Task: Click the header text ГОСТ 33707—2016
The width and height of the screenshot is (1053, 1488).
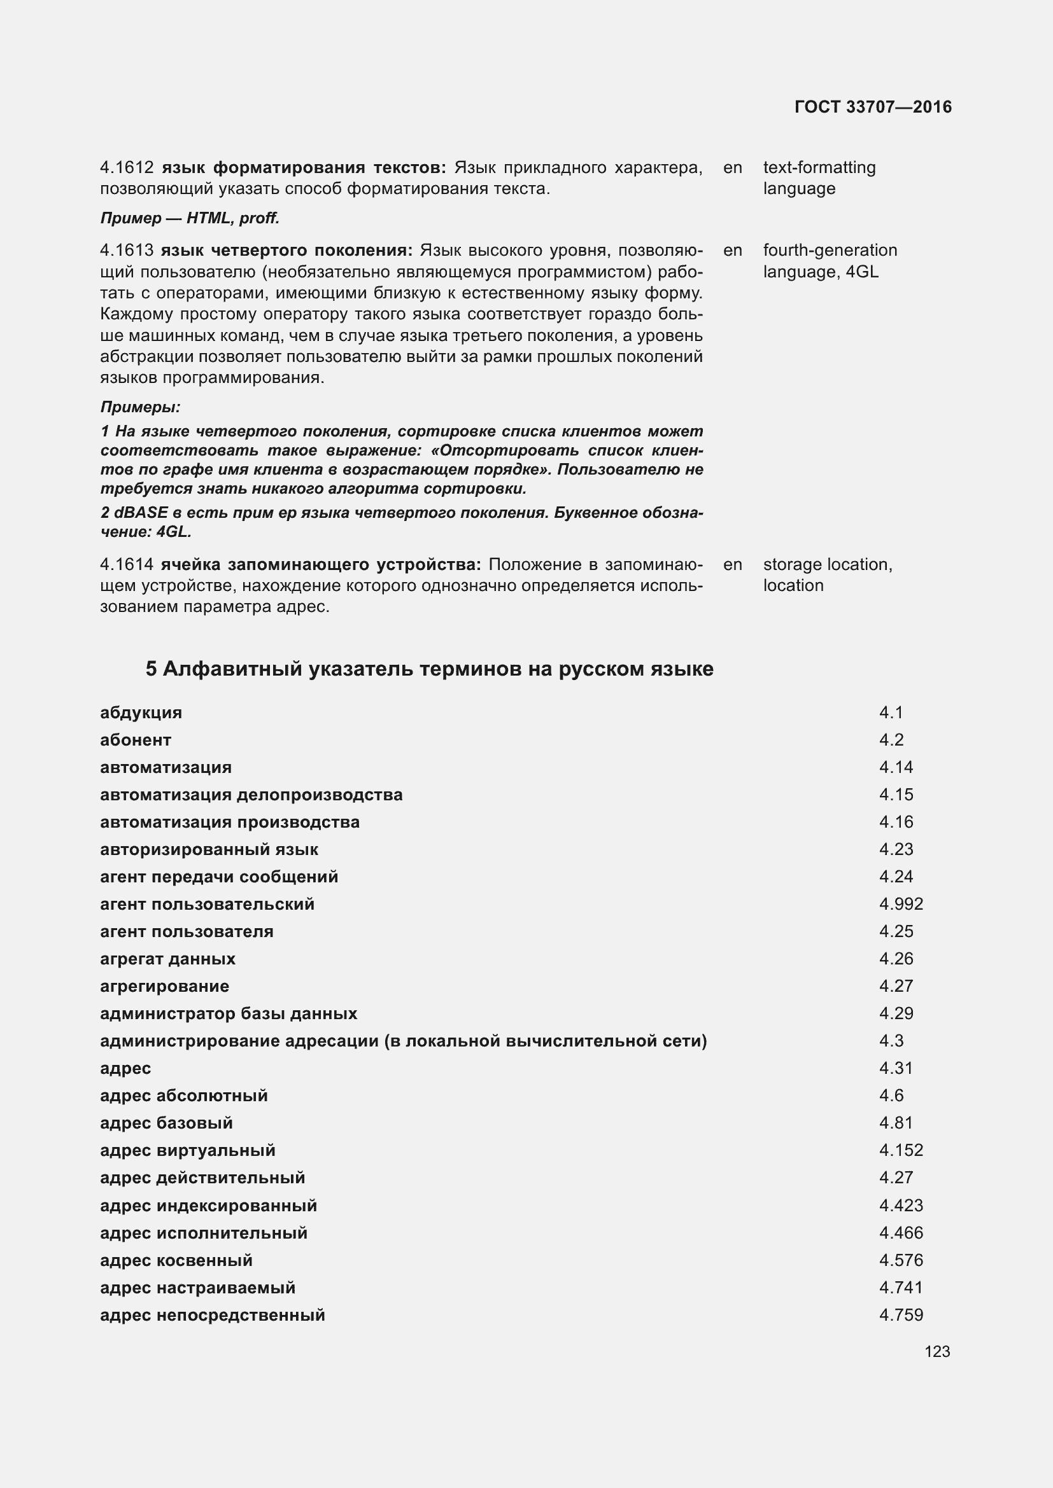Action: coord(873,107)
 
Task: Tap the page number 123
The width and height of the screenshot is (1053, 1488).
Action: coord(937,1351)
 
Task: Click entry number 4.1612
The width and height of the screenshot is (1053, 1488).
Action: coord(127,168)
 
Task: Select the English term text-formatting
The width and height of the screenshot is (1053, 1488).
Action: coord(819,168)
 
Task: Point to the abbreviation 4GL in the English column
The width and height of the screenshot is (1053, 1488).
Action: coord(862,272)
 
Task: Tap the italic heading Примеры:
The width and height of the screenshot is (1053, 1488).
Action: coord(140,407)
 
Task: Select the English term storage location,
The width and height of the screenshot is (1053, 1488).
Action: coord(828,564)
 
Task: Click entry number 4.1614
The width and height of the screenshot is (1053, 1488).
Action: coord(127,564)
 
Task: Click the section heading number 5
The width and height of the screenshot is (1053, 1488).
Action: coord(151,669)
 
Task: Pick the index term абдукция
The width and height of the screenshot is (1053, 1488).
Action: coord(141,713)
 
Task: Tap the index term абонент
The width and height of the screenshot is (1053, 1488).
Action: coord(136,740)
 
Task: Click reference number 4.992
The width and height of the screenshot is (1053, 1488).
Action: coord(901,904)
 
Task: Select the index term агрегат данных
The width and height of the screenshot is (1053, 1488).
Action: coord(167,959)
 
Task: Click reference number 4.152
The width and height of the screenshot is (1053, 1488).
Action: coord(901,1150)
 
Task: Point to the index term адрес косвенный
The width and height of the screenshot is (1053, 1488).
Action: coord(176,1260)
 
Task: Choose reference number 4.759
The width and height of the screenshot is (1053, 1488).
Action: coord(901,1315)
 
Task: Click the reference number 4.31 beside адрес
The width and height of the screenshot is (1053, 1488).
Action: coord(896,1068)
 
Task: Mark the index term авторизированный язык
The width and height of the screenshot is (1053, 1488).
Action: coord(209,850)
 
